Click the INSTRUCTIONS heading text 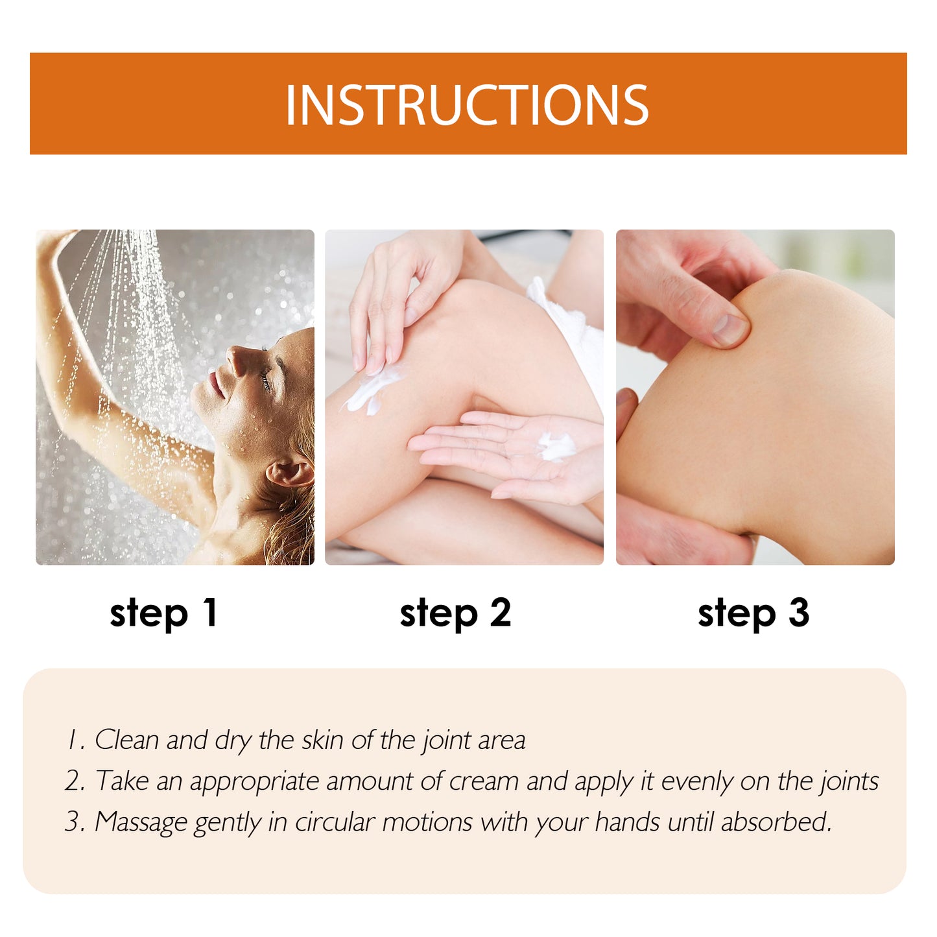pyautogui.click(x=467, y=105)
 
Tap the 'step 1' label pyautogui.click(x=163, y=613)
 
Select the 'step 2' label pyautogui.click(x=455, y=613)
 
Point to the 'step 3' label pyautogui.click(x=753, y=613)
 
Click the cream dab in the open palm pyautogui.click(x=556, y=447)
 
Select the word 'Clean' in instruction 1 pyautogui.click(x=126, y=740)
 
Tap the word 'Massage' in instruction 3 pyautogui.click(x=141, y=822)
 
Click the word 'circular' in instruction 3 pyautogui.click(x=335, y=822)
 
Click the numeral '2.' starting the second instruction pyautogui.click(x=75, y=781)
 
